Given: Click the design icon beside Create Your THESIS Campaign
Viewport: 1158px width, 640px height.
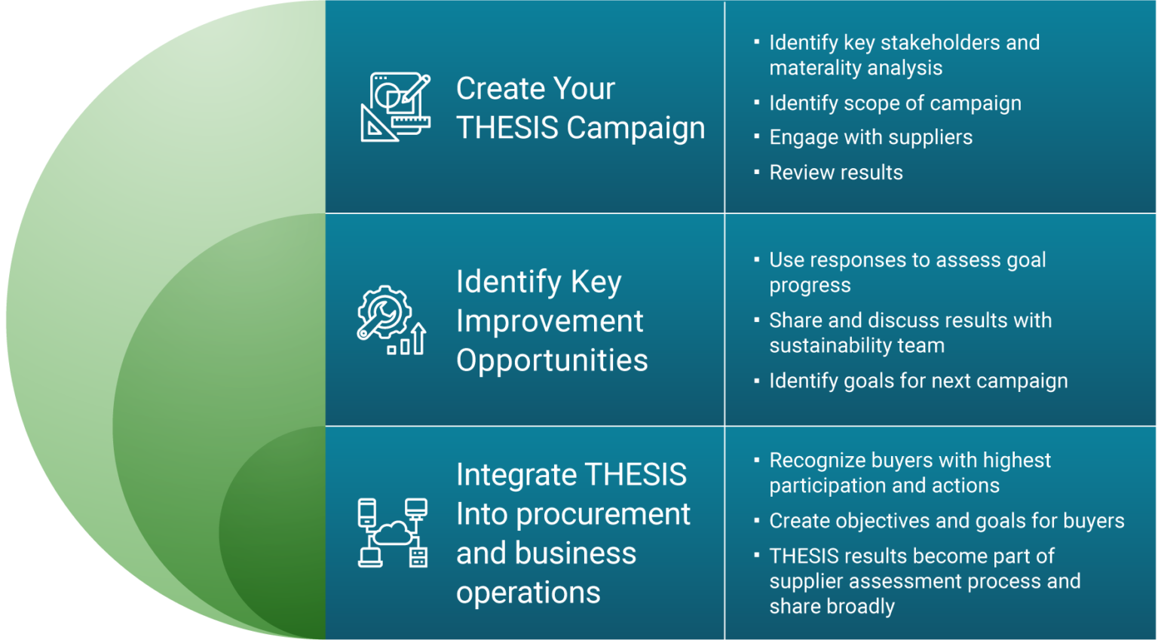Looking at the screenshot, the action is click(396, 107).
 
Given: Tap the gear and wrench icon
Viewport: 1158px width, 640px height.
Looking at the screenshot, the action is click(392, 320).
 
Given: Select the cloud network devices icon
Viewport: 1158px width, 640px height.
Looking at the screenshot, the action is click(392, 533).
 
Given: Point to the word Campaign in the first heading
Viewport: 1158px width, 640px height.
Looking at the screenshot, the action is click(636, 129).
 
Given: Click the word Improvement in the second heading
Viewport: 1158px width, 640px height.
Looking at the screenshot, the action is click(550, 321).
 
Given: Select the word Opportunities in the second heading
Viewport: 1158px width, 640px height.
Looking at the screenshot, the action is click(552, 361).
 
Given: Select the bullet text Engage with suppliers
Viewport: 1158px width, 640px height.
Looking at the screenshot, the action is click(871, 137).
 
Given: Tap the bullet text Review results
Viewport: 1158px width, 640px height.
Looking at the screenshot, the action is click(836, 173).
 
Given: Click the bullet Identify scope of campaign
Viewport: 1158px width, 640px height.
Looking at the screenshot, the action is click(895, 103).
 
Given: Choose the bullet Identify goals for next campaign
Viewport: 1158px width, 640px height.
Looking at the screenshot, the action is click(918, 381).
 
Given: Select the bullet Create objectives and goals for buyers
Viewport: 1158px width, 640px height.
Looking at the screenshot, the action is click(947, 521).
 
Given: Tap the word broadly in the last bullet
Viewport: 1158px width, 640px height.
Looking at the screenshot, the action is click(860, 607).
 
